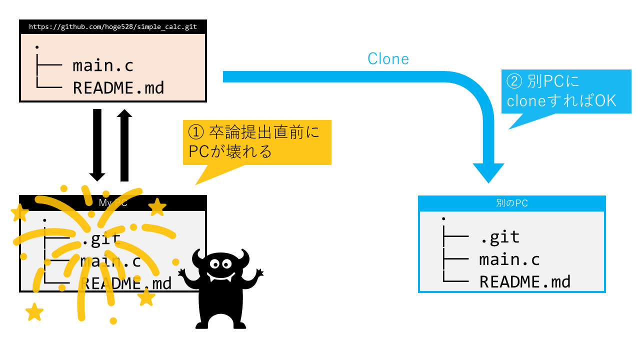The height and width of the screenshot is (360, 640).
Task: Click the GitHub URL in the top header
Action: tap(112, 27)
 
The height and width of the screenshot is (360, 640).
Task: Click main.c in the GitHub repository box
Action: tap(103, 65)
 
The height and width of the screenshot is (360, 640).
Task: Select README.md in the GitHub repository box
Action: tap(118, 88)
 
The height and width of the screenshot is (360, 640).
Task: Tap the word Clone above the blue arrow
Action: tap(388, 59)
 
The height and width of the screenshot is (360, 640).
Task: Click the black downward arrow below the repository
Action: tap(97, 145)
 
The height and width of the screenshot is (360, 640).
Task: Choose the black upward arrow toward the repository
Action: tap(124, 145)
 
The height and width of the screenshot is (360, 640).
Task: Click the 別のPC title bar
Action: tap(511, 203)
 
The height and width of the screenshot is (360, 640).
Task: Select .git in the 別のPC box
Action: tap(499, 237)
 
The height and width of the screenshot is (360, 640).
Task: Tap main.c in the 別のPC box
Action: tap(509, 260)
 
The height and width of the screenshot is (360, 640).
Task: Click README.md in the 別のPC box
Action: tap(524, 282)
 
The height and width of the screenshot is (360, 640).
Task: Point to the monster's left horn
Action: tap(198, 256)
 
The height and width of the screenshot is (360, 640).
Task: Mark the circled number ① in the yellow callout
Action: tap(194, 133)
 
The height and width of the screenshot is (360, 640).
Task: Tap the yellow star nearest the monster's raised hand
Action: tap(146, 297)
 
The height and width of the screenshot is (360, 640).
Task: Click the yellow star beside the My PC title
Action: tap(157, 207)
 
